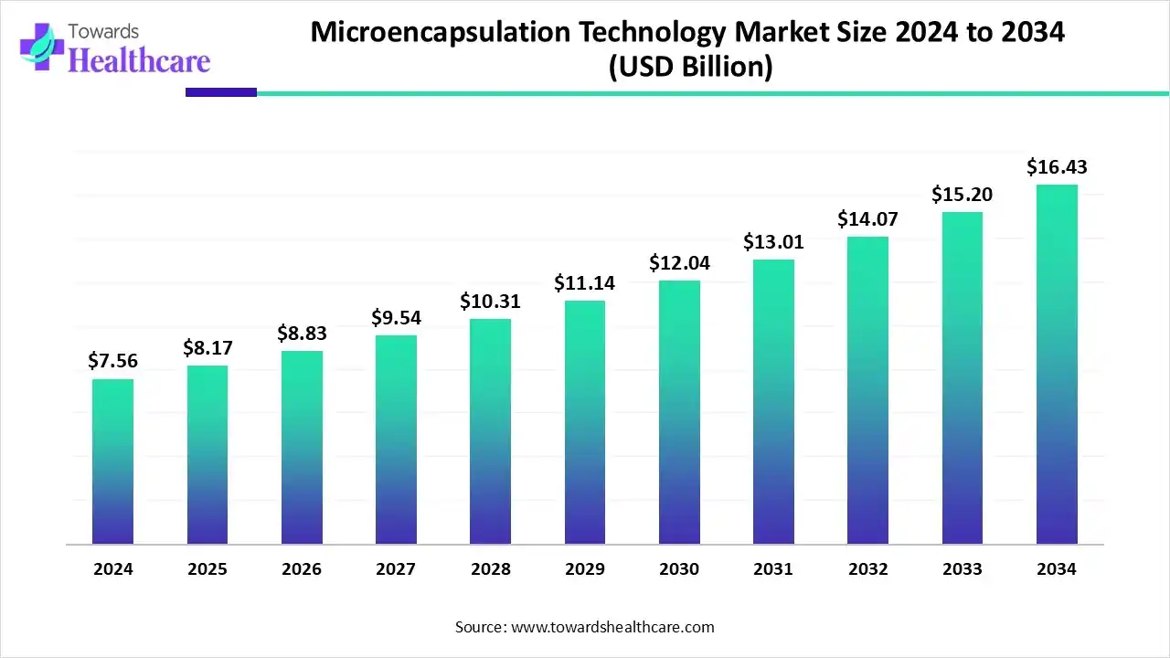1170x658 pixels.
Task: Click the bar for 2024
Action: (x=112, y=462)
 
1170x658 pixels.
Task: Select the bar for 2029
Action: (x=584, y=422)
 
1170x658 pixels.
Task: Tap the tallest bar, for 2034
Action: (x=1057, y=365)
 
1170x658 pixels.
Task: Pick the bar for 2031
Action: (x=773, y=402)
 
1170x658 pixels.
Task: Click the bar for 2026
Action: (x=302, y=448)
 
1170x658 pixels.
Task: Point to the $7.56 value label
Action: (x=112, y=361)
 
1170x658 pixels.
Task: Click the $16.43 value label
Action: (x=1057, y=167)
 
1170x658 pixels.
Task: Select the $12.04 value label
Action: (x=679, y=263)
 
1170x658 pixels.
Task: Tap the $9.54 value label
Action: (x=396, y=318)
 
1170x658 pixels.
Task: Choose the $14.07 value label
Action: (x=867, y=219)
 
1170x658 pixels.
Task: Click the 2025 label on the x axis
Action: (x=207, y=569)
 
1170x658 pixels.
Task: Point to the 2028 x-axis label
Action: (x=491, y=569)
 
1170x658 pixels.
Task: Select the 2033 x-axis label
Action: (x=963, y=569)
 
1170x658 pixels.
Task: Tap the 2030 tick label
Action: (x=679, y=569)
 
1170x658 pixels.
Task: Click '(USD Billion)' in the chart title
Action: (x=690, y=68)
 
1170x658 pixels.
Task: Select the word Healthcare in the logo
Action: (x=139, y=60)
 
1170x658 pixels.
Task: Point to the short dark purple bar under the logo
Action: (x=220, y=92)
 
